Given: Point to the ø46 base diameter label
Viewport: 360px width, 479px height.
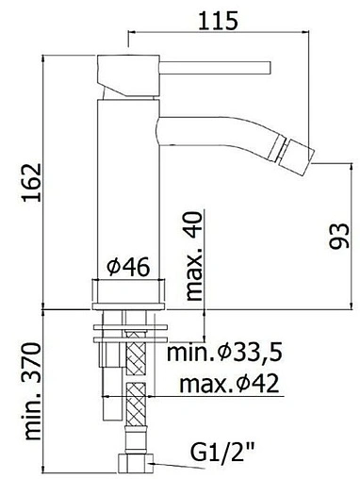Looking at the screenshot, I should [128, 269].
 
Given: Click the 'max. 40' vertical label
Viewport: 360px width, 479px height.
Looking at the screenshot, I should [195, 256].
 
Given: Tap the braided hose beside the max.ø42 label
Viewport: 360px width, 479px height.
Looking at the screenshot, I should [135, 387].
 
